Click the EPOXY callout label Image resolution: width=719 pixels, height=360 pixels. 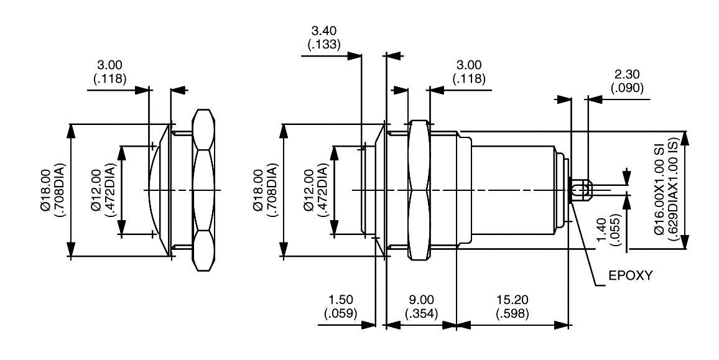coord(630,275)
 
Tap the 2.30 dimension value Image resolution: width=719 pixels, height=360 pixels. coord(628,75)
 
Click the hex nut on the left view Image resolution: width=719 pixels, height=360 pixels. coord(203,190)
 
